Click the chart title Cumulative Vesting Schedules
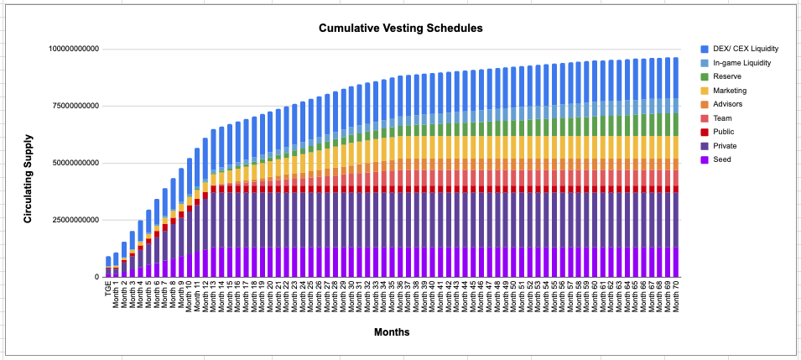[x=400, y=29]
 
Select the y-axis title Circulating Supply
[x=28, y=178]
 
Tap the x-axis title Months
[x=392, y=332]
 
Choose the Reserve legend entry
[x=726, y=76]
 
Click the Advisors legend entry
[x=726, y=104]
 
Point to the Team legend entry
[x=722, y=117]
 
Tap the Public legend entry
[x=723, y=131]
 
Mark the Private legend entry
[x=724, y=145]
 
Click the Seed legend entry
[x=721, y=159]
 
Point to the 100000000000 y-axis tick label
[x=74, y=49]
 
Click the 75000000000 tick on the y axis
[x=76, y=106]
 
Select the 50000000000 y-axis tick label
[x=76, y=163]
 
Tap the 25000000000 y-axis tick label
[x=76, y=220]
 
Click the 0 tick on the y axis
[x=96, y=277]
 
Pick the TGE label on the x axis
[x=108, y=289]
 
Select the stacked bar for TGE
[x=108, y=267]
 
